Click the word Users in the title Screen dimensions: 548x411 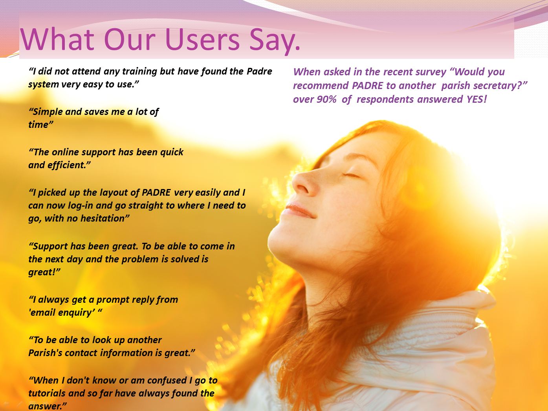pos(202,39)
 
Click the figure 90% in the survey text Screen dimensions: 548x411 pos(327,99)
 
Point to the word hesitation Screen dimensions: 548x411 pos(102,218)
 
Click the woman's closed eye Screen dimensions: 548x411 pos(351,175)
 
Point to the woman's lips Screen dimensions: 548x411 pos(298,210)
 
